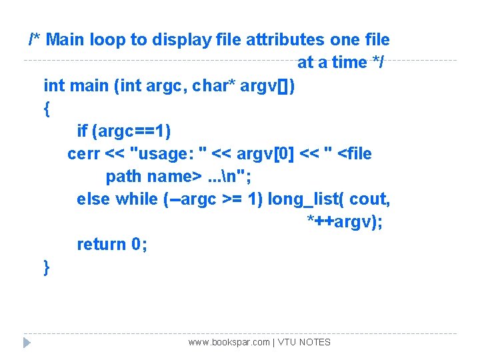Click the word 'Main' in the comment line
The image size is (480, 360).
click(67, 39)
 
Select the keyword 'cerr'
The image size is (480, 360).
click(83, 154)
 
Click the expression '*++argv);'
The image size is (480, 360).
click(344, 222)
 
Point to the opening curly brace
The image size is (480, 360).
click(47, 109)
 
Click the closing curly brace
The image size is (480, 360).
click(47, 267)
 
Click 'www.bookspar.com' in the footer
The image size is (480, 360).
click(229, 343)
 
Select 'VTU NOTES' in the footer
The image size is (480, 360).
click(304, 343)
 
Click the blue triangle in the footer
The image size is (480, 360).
click(27, 343)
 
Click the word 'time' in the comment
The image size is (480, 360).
click(349, 63)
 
